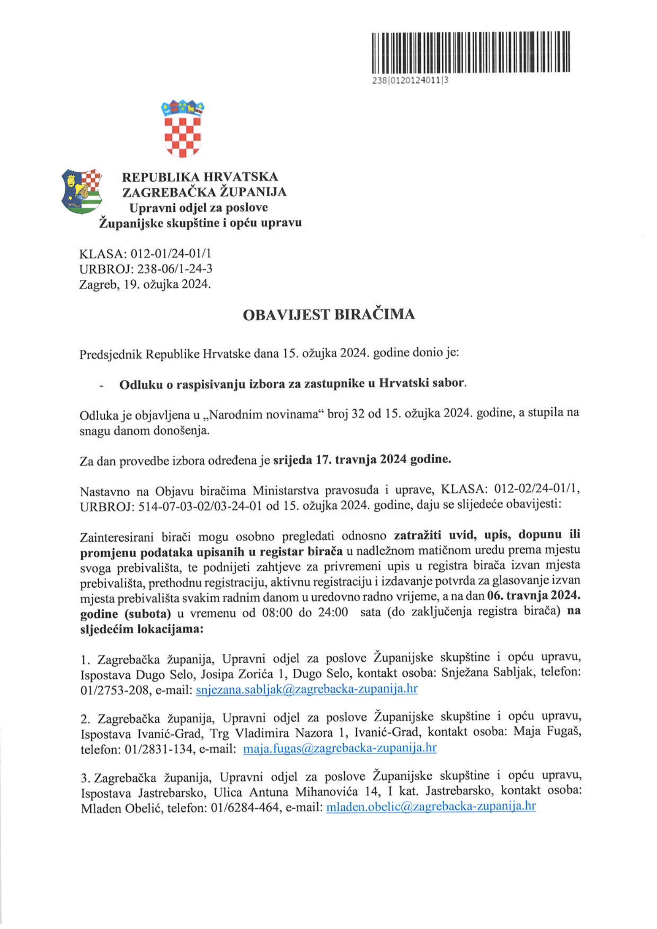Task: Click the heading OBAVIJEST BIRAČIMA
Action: tap(328, 315)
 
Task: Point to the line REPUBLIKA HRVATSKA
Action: tap(200, 177)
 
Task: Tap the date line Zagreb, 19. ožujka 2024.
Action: tap(145, 285)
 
